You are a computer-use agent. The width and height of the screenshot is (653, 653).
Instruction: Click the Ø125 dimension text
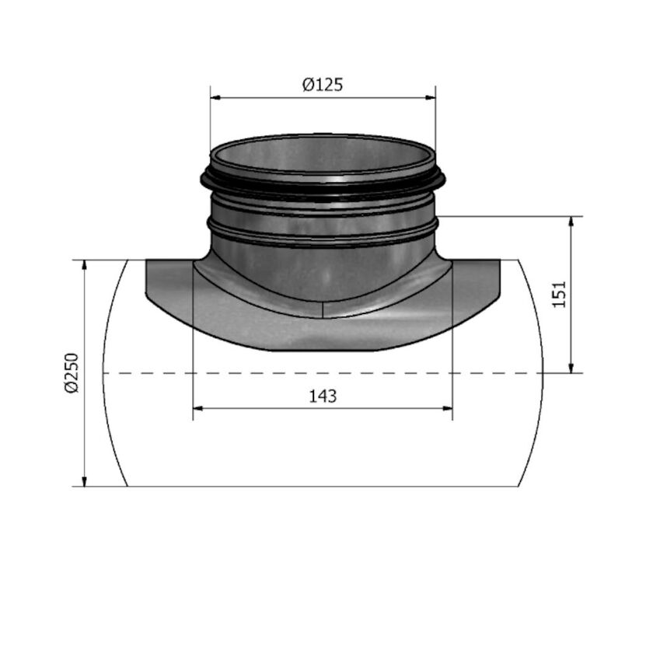tap(323, 85)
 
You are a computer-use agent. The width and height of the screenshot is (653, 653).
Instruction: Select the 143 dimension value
tap(323, 396)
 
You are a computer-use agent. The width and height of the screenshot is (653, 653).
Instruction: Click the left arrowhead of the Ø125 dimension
tap(215, 98)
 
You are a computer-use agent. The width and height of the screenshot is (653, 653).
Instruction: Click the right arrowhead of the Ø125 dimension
tap(430, 98)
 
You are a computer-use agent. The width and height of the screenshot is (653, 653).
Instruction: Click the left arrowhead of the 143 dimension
tap(198, 407)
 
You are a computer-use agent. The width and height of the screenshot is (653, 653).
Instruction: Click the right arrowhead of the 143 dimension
tap(446, 407)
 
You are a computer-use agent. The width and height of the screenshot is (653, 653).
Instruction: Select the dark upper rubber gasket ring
tap(323, 187)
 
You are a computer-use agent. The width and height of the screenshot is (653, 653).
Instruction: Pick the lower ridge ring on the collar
tap(323, 233)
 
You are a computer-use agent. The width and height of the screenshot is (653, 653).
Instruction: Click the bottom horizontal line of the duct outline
tap(323, 487)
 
